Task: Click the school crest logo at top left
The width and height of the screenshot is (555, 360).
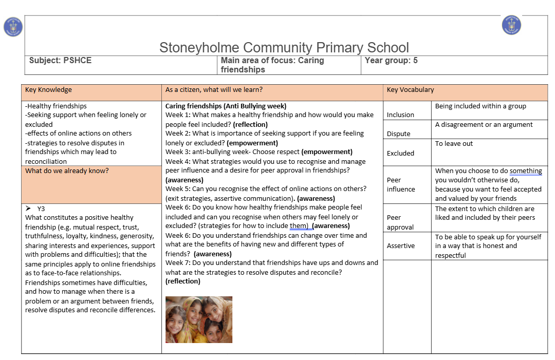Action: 13,27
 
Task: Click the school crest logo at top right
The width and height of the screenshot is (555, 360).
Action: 511,25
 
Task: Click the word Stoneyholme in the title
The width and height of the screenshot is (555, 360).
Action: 198,48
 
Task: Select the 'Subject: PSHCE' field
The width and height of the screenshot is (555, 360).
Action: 60,61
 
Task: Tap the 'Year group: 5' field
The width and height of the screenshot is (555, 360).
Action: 391,61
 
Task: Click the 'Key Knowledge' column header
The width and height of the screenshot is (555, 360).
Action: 48,90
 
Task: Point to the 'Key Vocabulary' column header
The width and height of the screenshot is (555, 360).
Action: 410,90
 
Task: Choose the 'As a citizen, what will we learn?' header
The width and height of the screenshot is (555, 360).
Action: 214,90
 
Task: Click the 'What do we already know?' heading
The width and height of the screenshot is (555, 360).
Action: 67,171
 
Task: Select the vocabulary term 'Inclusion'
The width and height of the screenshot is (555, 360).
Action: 400,115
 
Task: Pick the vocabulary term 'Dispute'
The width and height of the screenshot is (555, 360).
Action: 399,134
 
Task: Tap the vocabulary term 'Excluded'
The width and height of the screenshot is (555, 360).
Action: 400,153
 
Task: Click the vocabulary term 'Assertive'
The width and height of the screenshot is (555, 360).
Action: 401,246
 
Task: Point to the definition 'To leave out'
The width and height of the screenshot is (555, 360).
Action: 454,144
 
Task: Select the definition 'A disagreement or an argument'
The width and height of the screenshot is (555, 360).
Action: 484,125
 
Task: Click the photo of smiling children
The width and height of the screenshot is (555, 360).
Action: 199,319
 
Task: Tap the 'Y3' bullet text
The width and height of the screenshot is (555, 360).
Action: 41,209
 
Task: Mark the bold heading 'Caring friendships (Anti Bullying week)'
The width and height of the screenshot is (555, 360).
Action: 226,106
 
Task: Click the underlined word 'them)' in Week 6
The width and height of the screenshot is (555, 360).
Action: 299,226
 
